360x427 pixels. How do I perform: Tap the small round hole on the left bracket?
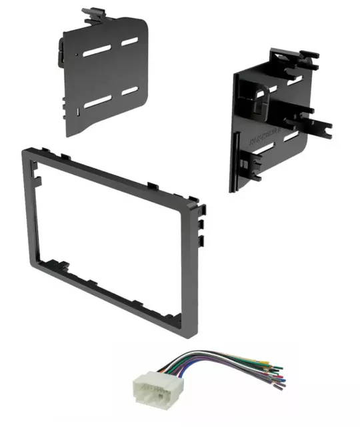(79, 51)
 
